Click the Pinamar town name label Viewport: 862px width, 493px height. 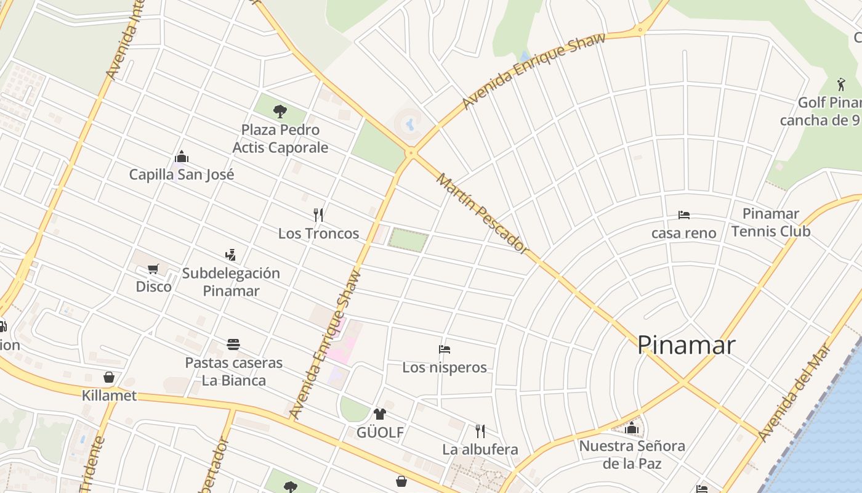coord(686,344)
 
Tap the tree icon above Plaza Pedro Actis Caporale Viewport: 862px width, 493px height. coord(280,112)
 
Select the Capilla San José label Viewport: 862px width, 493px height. coord(182,174)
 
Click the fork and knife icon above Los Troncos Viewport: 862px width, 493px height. coord(318,215)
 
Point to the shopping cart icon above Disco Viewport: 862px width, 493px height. coord(153,269)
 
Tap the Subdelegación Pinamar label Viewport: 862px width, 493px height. coord(231,282)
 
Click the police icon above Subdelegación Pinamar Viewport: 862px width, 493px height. coord(230,255)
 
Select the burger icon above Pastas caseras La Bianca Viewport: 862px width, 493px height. coord(233,344)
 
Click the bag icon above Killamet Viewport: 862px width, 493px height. coord(109,377)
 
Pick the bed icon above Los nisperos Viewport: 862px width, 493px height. coord(445,349)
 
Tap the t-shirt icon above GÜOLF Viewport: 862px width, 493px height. coord(379,414)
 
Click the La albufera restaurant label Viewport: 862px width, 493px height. coord(480,449)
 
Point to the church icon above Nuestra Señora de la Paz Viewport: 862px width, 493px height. coord(632,428)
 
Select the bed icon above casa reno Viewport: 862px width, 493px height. coord(683,215)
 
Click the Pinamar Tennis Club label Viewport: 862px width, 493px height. coord(770,222)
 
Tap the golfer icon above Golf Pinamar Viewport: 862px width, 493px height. coord(841,84)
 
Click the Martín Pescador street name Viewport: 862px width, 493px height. coord(482,213)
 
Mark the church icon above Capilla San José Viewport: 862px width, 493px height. coord(182,157)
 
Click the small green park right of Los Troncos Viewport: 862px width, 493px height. coord(408,240)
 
